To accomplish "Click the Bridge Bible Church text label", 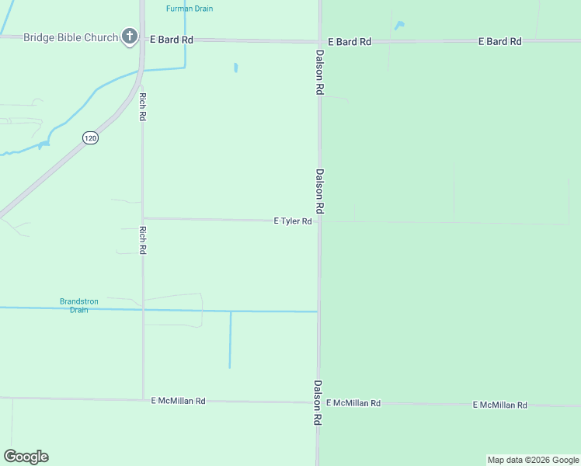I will tap(71, 37).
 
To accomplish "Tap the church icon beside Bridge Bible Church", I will tap(129, 37).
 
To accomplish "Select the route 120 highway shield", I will tap(91, 137).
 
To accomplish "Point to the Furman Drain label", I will tap(190, 9).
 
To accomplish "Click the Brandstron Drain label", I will tap(74, 305).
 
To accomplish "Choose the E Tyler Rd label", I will tap(293, 221).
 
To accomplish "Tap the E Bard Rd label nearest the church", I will tap(171, 39).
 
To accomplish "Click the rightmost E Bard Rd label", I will tap(499, 41).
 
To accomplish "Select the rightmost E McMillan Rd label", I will tap(499, 405).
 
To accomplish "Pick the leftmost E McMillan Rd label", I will tap(178, 401).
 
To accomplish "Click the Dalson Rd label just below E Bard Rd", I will tap(319, 72).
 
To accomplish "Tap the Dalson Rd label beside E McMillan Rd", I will tap(318, 402).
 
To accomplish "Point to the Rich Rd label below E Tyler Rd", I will tap(143, 240).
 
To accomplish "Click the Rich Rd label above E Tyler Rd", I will tap(143, 106).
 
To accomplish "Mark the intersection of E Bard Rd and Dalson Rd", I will tap(319, 41).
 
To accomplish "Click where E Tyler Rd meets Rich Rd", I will tap(143, 218).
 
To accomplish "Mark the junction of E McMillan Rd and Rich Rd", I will tap(143, 399).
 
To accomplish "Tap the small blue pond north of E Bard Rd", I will tap(399, 26).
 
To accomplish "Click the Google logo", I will tap(26, 457).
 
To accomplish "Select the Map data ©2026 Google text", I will tap(533, 460).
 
